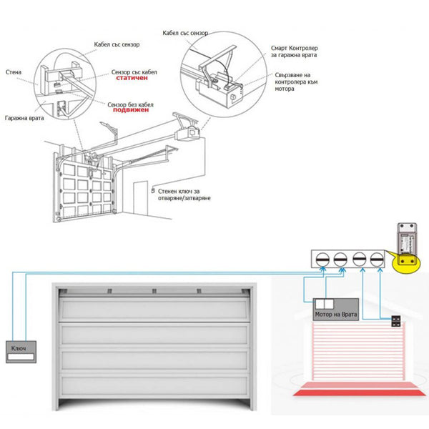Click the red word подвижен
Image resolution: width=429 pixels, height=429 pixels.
[134, 112]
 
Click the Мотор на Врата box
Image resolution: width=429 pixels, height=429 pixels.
[335, 312]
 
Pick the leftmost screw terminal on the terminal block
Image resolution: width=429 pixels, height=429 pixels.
[322, 258]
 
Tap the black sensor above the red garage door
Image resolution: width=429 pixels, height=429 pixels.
[394, 322]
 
